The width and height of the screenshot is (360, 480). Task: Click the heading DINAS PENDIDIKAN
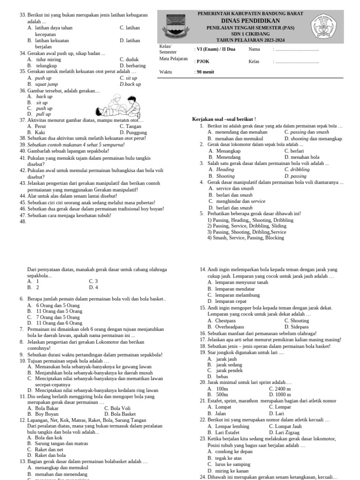(250, 21)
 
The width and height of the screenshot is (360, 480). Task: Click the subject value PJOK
(202, 61)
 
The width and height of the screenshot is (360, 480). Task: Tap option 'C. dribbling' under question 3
(297, 170)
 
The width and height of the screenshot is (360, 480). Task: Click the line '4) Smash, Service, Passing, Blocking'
(246, 238)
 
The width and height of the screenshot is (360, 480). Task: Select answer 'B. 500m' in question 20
(218, 395)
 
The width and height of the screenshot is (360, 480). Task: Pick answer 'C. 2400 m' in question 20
(280, 389)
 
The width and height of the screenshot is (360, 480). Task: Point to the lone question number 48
(23, 222)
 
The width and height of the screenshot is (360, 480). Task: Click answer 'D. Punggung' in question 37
(133, 133)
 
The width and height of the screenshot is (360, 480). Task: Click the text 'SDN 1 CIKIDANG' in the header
(250, 34)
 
